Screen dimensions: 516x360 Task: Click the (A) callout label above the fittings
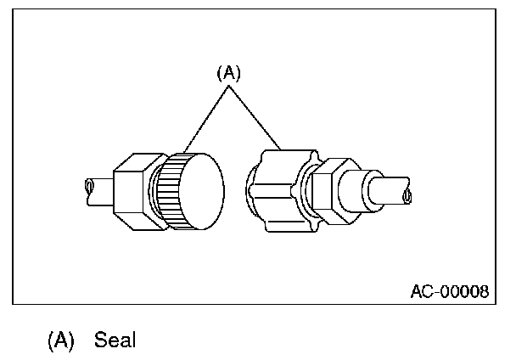pos(228,74)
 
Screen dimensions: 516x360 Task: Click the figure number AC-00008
pos(449,291)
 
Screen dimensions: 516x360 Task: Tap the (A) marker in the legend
pos(61,340)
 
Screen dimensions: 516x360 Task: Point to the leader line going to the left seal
pos(204,120)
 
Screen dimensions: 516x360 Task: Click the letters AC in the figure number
pos(421,291)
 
